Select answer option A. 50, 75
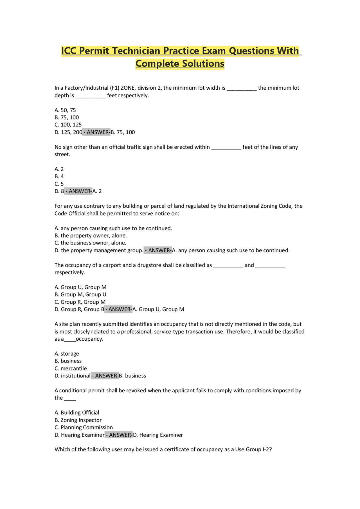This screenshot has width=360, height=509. tap(65, 110)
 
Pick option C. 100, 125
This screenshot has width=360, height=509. tap(68, 125)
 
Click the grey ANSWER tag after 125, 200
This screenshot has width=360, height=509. tap(96, 132)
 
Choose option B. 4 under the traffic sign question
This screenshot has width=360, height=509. tap(59, 177)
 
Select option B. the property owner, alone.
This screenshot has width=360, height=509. tap(91, 236)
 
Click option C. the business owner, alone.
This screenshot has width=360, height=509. tap(90, 243)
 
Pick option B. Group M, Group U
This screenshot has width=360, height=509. tap(80, 295)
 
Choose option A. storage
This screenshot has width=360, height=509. tap(67, 354)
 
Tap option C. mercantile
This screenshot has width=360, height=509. tap(71, 368)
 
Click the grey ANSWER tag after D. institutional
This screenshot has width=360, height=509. tap(105, 376)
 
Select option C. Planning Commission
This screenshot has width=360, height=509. tap(84, 427)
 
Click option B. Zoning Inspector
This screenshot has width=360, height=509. tap(78, 420)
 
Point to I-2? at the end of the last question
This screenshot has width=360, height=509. tap(267, 449)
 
